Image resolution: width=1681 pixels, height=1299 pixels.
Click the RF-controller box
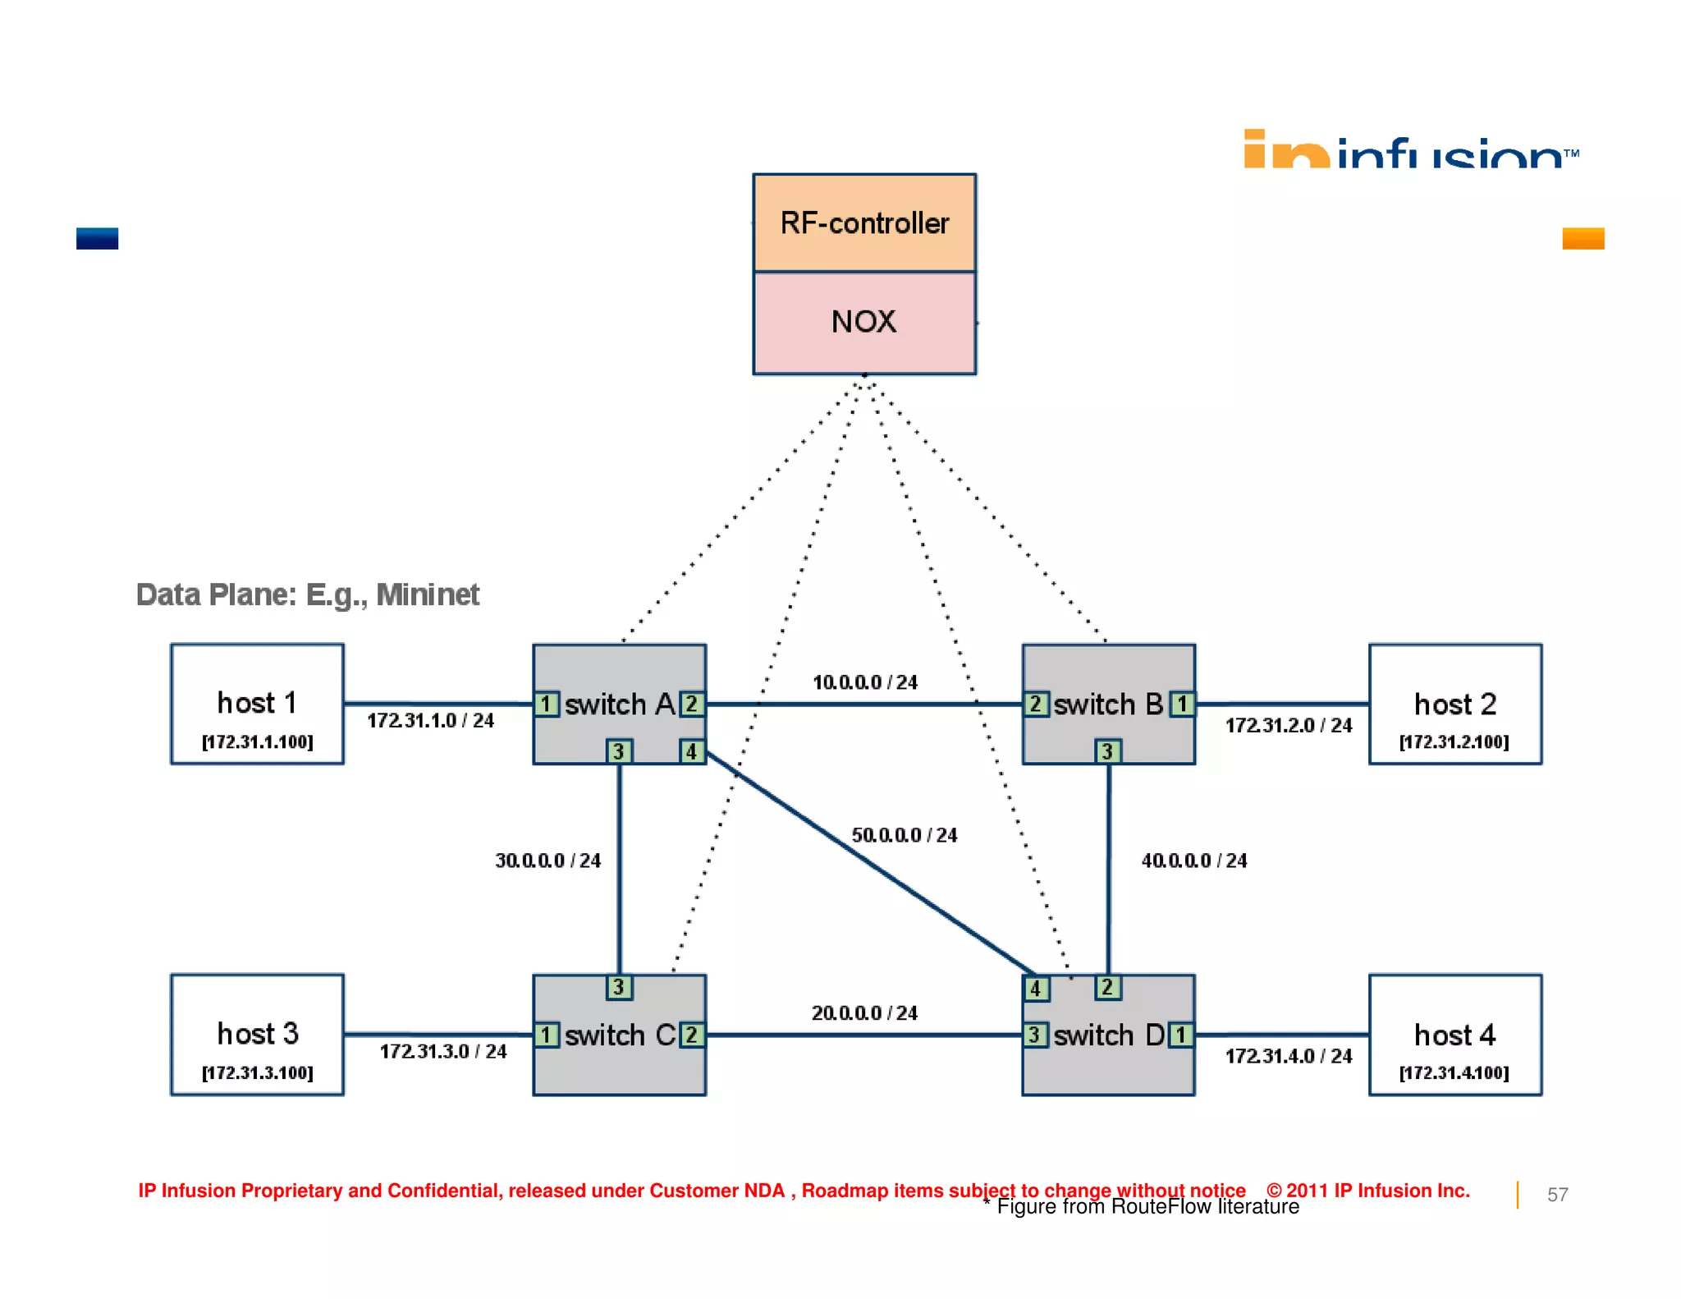[x=863, y=223]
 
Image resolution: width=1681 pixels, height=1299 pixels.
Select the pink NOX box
[x=863, y=322]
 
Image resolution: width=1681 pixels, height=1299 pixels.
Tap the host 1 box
[x=257, y=705]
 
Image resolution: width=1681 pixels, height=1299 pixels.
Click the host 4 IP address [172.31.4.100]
[x=1454, y=1072]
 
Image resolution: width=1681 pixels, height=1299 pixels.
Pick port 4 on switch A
[x=691, y=751]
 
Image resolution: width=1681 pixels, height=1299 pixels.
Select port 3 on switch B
[x=1107, y=751]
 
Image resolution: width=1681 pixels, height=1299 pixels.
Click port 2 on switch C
[x=691, y=1035]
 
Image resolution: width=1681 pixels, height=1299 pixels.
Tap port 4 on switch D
[x=1035, y=989]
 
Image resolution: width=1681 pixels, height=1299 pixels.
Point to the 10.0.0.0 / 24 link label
[x=864, y=682]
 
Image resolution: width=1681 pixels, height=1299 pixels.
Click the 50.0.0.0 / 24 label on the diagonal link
[x=904, y=835]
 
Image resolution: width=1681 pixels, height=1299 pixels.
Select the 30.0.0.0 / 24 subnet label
[x=547, y=861]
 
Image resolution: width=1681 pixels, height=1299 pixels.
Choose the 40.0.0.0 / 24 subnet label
[x=1193, y=861]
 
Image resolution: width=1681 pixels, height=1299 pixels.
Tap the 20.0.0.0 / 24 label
[x=864, y=1013]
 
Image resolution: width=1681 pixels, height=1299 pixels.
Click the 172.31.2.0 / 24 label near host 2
[x=1288, y=725]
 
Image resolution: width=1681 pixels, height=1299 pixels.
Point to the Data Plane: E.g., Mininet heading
[x=307, y=594]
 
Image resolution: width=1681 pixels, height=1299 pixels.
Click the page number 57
[x=1557, y=1195]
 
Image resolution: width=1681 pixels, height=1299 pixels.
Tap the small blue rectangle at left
[x=97, y=238]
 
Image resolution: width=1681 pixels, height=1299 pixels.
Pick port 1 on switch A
[x=546, y=704]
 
